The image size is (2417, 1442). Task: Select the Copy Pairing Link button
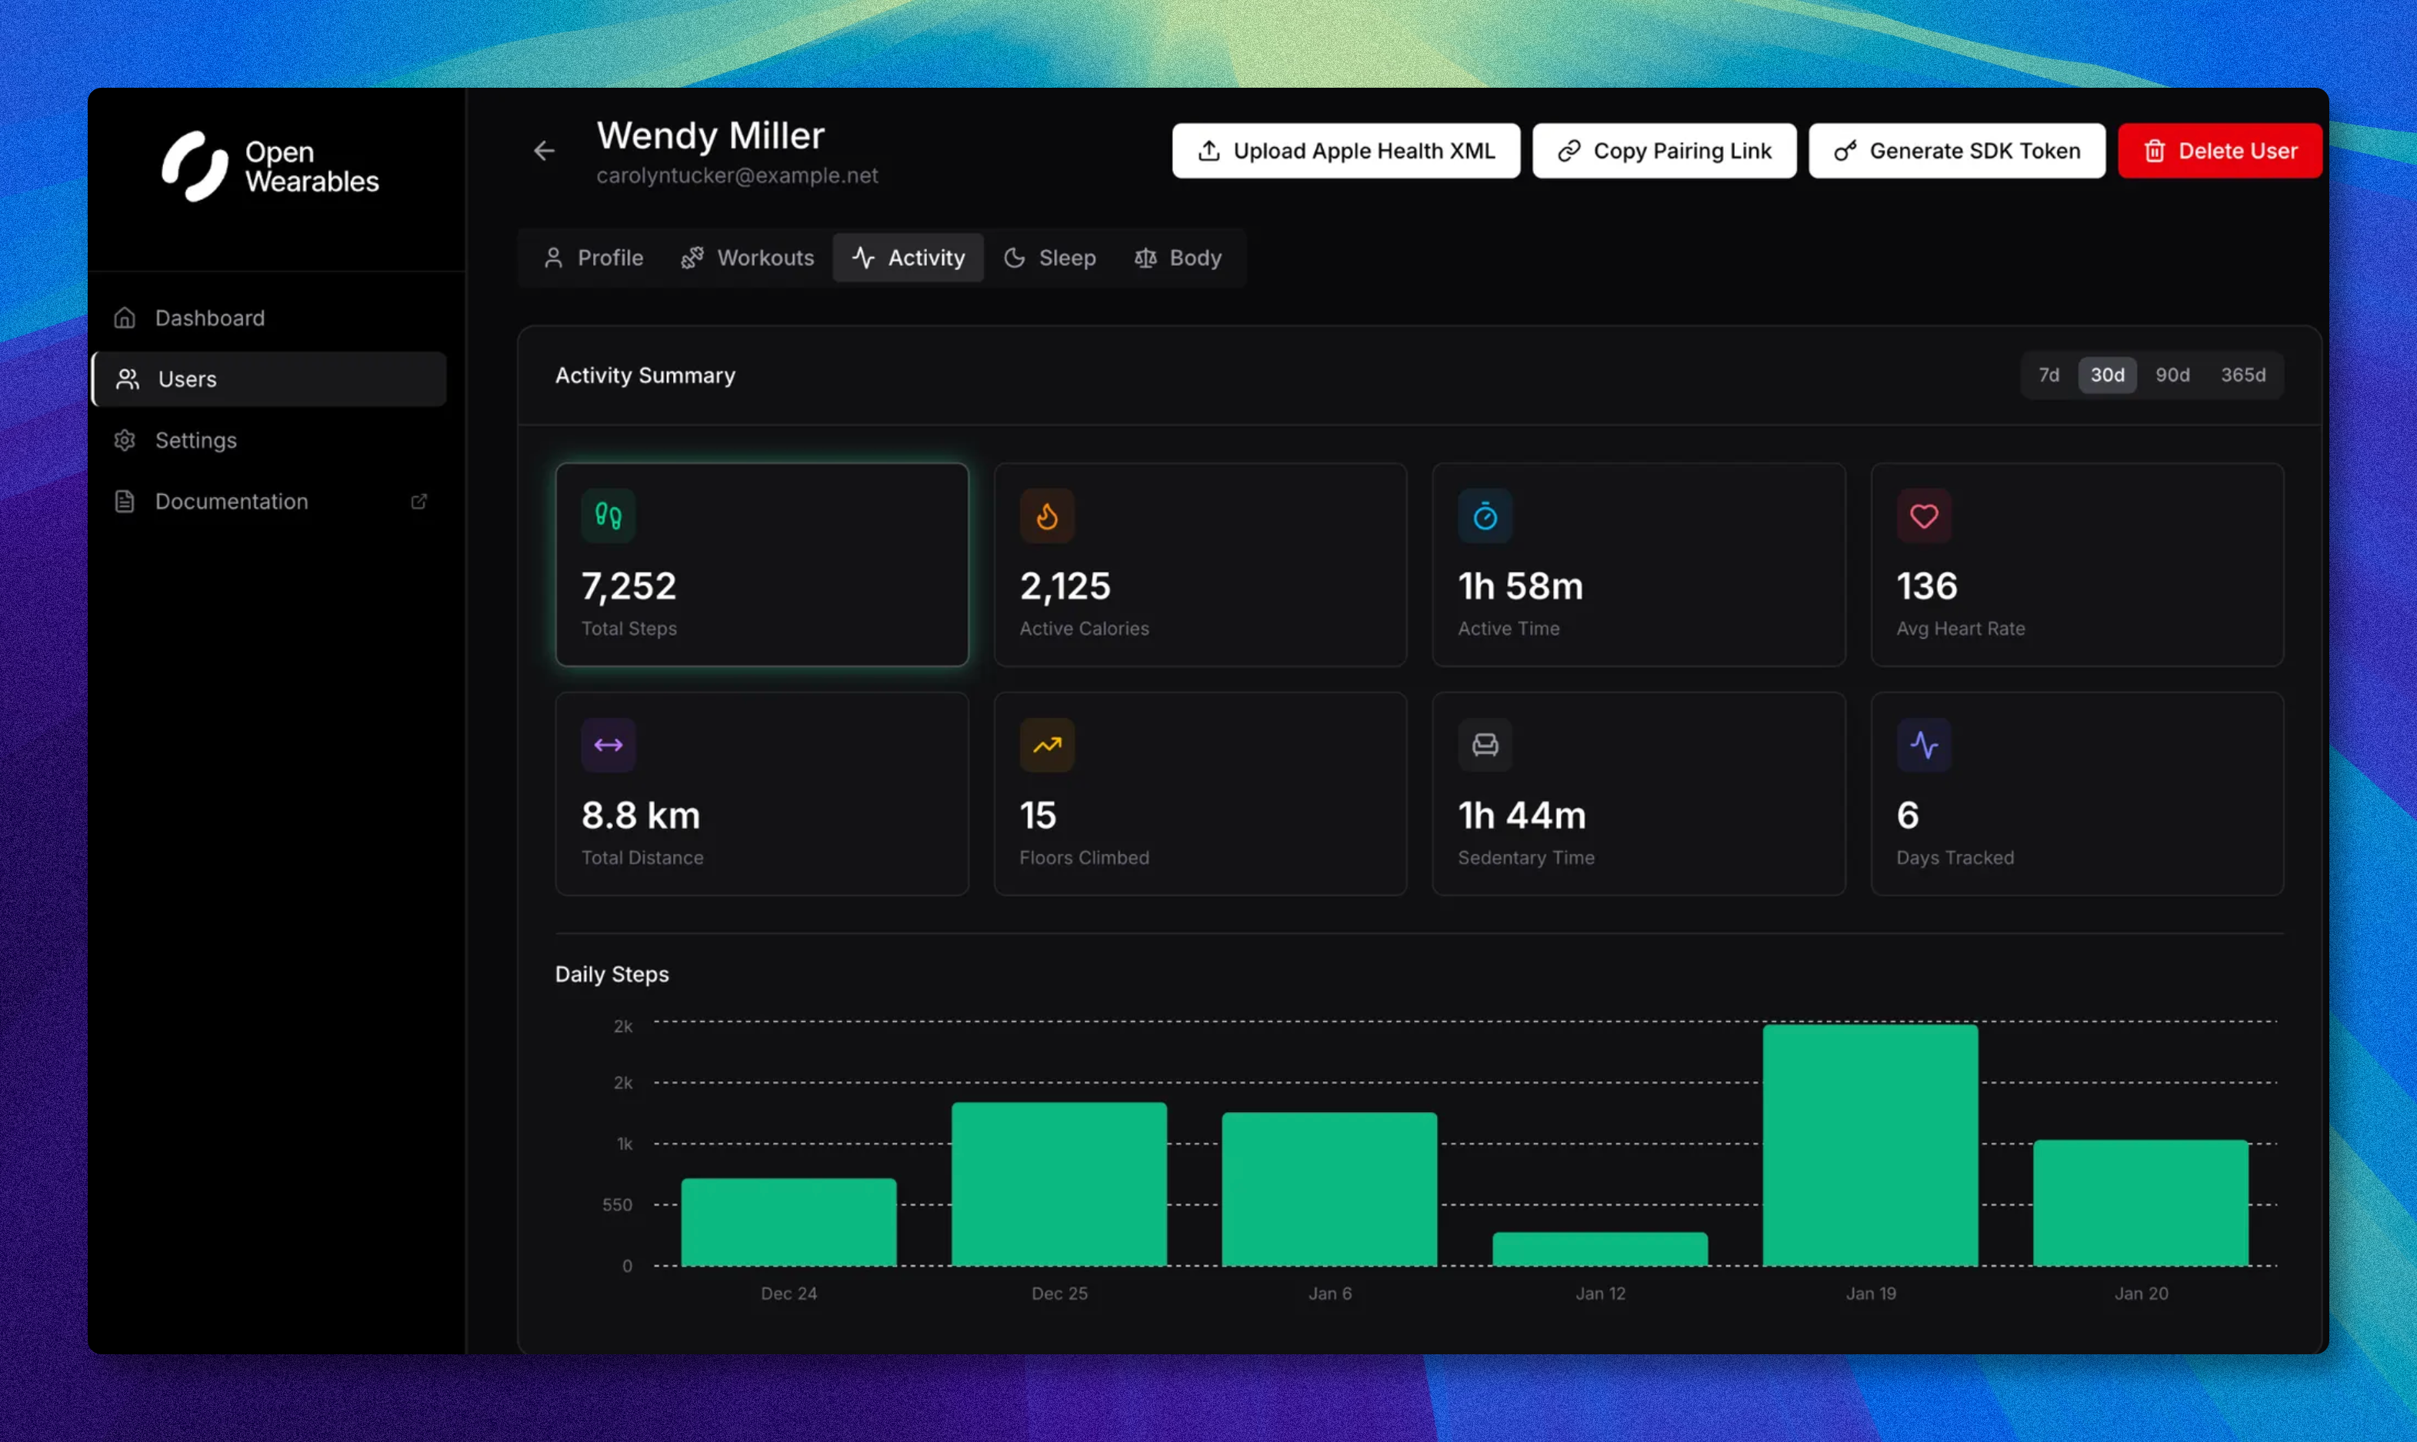(x=1664, y=151)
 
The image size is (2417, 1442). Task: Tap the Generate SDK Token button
(x=1956, y=151)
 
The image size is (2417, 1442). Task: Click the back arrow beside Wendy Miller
(x=544, y=151)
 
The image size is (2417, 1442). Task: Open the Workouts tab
(x=747, y=258)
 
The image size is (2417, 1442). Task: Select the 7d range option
(x=2049, y=375)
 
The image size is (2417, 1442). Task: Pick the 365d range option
(x=2242, y=375)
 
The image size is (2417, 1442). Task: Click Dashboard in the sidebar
(x=210, y=318)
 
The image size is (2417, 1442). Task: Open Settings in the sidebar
(x=195, y=440)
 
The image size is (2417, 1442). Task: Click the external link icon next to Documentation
(x=418, y=502)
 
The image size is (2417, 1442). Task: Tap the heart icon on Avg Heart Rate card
(x=1923, y=516)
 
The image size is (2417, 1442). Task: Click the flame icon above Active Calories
(x=1046, y=516)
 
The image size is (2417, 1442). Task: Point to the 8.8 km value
(x=640, y=815)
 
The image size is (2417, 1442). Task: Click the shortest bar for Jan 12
(x=1599, y=1249)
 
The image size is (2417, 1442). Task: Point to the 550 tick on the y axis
(x=617, y=1205)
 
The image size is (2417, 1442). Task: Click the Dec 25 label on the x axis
(x=1059, y=1293)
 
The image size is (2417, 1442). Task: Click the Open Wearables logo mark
(x=195, y=166)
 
